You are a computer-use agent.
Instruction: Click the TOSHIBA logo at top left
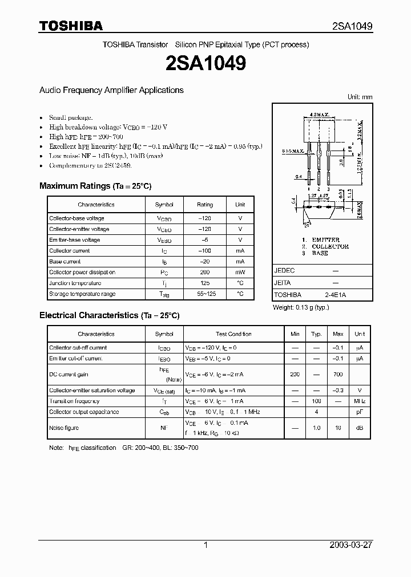click(71, 26)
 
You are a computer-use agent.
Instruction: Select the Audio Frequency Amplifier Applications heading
click(111, 90)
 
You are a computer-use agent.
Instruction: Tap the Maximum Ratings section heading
click(95, 186)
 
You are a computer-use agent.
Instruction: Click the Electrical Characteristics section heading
click(109, 315)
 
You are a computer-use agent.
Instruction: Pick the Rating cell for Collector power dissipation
click(205, 273)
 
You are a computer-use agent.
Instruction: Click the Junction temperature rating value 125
click(205, 283)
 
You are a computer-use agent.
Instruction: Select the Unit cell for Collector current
click(240, 251)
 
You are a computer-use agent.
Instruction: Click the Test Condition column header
click(233, 334)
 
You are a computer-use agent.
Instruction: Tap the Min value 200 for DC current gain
click(295, 375)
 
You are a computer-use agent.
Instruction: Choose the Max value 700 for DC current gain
click(338, 375)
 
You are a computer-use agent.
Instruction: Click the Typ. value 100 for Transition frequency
click(316, 401)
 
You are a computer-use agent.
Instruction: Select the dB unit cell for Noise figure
click(360, 428)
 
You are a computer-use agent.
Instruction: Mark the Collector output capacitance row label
click(84, 412)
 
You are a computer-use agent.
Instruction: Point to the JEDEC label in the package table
click(284, 271)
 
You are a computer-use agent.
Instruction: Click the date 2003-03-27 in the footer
click(351, 545)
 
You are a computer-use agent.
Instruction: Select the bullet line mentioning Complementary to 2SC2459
click(90, 165)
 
